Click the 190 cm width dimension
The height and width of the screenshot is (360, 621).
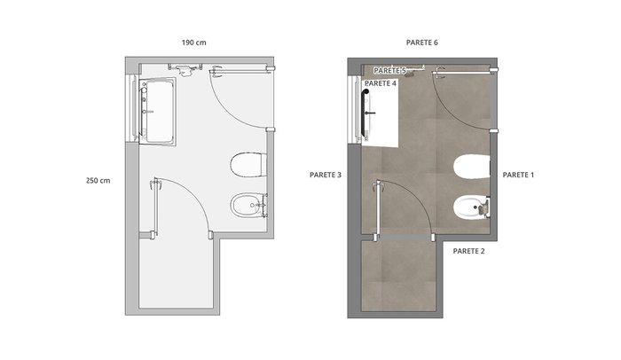193,43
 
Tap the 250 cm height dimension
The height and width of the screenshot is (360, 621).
98,181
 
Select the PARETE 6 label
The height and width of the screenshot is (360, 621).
421,43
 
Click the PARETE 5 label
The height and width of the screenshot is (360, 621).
389,71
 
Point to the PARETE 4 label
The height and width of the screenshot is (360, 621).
381,83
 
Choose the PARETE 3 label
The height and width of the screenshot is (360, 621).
326,175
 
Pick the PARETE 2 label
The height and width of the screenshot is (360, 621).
468,251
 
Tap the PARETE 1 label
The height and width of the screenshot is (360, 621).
518,175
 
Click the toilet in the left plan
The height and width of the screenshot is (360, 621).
248,164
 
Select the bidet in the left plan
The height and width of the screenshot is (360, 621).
248,205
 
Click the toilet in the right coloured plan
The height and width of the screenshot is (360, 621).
472,167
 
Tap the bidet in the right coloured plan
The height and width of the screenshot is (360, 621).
472,207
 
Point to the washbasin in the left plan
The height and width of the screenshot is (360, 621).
157,112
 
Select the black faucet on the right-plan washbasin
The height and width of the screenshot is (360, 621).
370,113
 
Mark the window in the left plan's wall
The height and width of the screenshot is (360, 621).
132,108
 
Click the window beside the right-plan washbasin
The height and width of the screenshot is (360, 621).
355,110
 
